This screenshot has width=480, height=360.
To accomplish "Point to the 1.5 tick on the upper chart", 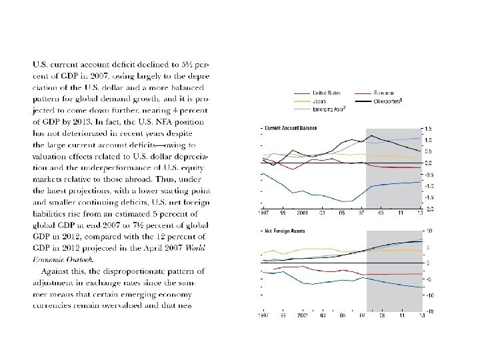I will [x=428, y=128].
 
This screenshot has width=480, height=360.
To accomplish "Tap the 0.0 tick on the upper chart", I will [x=428, y=163].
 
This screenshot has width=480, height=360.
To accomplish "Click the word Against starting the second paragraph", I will [x=55, y=271].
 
